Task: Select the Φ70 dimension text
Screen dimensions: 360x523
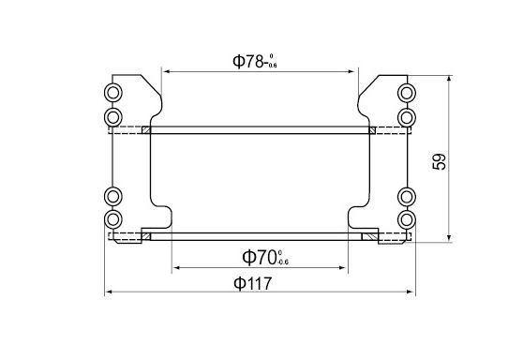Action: tap(265, 256)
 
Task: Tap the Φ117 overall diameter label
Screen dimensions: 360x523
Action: tap(259, 283)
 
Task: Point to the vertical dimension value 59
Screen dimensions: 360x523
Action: tap(440, 160)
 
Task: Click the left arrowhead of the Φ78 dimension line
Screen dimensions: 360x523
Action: tap(166, 70)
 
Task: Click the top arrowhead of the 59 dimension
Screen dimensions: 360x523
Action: tap(451, 82)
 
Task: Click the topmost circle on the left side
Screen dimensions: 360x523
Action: tap(113, 92)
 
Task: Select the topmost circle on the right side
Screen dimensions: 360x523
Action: tap(407, 92)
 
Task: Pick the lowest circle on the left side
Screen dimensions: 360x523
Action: tap(113, 219)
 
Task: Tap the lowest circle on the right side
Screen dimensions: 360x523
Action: tap(407, 219)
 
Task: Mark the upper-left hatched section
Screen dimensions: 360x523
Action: tap(146, 130)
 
